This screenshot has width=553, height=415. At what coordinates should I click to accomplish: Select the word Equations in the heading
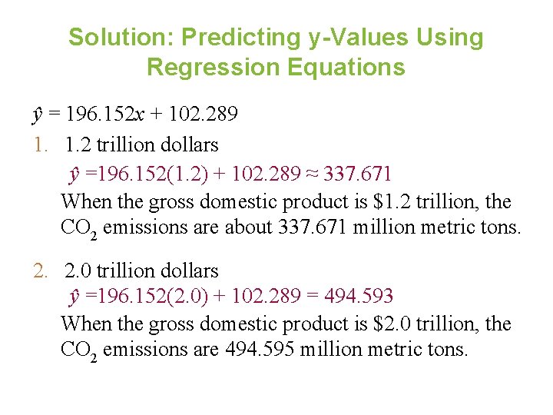[x=346, y=67]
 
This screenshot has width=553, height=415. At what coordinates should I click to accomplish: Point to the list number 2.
[x=40, y=271]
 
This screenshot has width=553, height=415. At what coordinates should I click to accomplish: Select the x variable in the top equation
[x=139, y=115]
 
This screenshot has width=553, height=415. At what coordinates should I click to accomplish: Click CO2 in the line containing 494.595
[x=78, y=350]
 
